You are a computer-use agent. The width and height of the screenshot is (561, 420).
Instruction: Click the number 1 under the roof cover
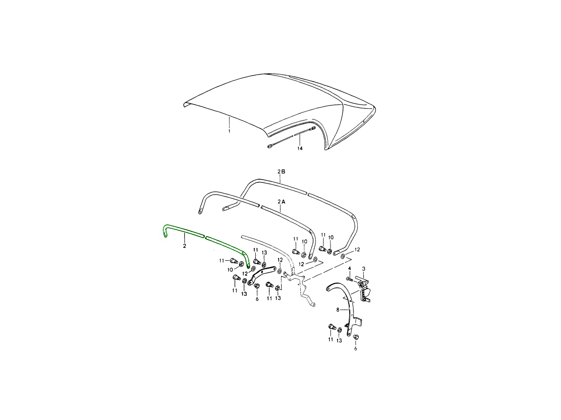coord(229,131)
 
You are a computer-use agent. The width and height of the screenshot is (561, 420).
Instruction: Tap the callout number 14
coord(300,148)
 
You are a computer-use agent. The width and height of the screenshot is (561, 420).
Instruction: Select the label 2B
coord(281,172)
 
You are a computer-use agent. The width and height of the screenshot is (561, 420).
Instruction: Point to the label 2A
coord(281,202)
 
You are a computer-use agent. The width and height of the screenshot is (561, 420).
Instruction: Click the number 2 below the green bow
coord(184,246)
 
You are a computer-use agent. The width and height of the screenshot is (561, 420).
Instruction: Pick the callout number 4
coord(349,268)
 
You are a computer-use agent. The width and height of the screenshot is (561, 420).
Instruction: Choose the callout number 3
coord(364,268)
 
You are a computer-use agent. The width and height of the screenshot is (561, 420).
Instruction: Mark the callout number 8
coord(338,310)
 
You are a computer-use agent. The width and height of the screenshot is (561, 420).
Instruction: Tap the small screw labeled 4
coord(351,280)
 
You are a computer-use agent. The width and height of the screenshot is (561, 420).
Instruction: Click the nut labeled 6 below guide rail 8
coord(355,337)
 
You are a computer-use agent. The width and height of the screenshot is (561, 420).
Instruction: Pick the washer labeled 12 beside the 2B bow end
coord(343,256)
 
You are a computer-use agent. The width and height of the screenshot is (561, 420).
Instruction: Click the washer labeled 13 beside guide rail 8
coord(339,330)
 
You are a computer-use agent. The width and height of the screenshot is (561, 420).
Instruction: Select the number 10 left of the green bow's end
coord(230,270)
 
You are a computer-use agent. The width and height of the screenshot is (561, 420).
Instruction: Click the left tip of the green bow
coord(165,236)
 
